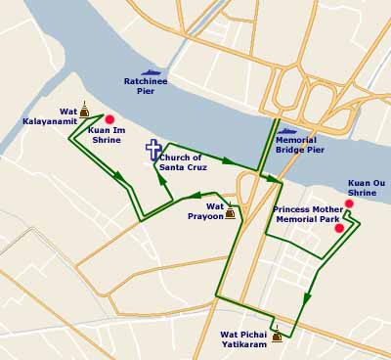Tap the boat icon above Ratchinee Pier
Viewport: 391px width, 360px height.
coord(152,71)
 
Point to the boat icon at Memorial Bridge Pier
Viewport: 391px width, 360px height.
coord(287,130)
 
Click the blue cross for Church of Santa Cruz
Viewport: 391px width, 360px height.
coord(153,150)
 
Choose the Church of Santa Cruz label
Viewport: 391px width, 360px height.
coord(180,162)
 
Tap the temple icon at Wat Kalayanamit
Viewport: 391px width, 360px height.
coord(84,111)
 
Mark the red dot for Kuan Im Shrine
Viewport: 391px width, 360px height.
coord(109,119)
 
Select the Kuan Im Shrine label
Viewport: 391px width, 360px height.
coord(105,135)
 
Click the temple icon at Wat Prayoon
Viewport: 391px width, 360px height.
coord(230,211)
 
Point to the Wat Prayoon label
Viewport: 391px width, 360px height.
coord(206,210)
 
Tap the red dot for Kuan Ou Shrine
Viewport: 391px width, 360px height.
coord(349,203)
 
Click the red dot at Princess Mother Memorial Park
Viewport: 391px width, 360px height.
coord(338,228)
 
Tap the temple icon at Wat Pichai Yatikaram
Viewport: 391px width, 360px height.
coord(277,335)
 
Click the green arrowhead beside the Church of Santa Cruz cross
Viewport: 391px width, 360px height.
coord(160,178)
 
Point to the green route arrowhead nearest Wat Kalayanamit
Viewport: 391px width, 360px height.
coord(118,176)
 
